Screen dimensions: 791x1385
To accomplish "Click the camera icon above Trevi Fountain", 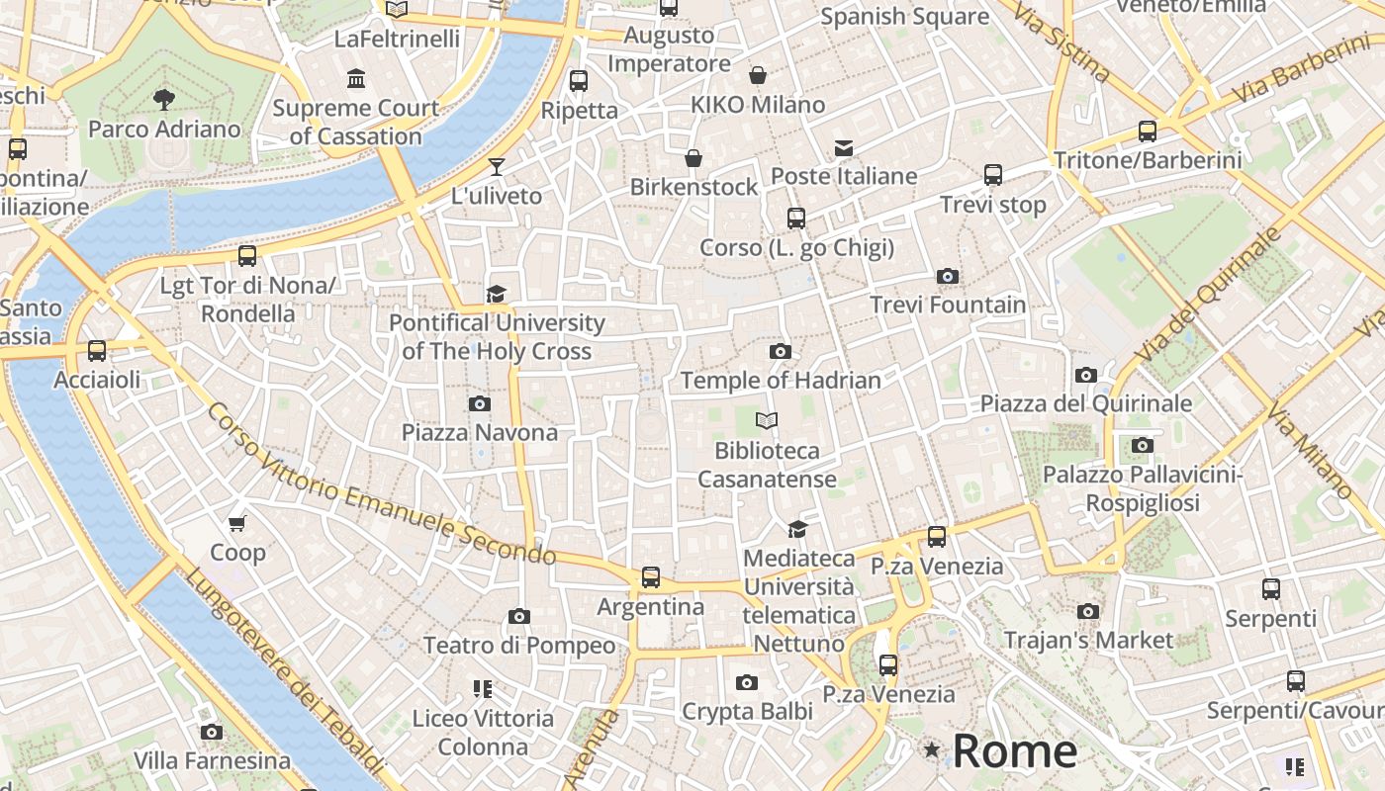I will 948,276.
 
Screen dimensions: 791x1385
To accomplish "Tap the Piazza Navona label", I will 480,432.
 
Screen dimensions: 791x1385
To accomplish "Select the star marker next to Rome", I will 931,750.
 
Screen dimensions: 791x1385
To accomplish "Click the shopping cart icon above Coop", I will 236,523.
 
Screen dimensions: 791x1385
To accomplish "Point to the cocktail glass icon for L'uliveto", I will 497,166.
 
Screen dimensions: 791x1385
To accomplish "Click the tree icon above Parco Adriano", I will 163,99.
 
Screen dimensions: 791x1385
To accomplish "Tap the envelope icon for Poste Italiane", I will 844,148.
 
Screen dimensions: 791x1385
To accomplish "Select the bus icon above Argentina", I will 650,577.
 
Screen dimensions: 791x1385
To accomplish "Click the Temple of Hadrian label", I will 781,380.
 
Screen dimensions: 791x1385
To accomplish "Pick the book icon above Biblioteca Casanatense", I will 767,421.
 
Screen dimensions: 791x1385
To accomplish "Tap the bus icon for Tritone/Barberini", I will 1148,131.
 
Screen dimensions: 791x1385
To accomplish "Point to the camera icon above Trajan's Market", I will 1088,611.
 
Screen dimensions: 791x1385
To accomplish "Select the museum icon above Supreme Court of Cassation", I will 355,78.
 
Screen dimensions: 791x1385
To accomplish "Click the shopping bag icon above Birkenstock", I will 693,158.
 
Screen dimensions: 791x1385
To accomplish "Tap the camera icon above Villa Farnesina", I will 212,732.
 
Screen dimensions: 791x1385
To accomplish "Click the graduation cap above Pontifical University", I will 496,294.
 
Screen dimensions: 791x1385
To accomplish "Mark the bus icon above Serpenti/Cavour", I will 1296,681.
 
